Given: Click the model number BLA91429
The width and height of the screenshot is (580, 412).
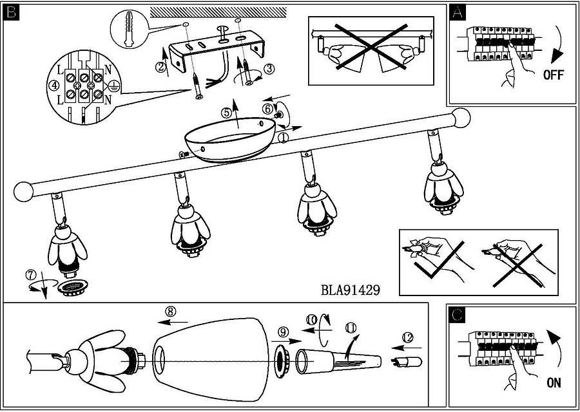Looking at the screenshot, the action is pos(350,290).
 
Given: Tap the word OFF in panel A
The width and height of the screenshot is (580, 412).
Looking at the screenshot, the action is pos(554,75).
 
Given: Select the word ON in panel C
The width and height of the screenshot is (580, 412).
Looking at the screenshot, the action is pos(554,383).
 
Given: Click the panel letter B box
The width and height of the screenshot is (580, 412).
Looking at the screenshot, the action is pos(11,13).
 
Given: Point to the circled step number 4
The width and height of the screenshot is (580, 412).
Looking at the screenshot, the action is pos(54,86).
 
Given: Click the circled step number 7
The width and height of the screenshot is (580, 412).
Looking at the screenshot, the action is pos(31,276).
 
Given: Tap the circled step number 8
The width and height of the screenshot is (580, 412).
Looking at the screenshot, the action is pos(169,312).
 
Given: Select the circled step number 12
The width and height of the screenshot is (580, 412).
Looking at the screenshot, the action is pos(407,337).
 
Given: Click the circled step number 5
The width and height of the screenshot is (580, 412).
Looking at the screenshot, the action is pos(226,112).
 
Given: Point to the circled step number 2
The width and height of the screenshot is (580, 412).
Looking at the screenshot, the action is pos(160,67).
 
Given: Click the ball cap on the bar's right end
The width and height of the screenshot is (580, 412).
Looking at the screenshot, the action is pos(461,118).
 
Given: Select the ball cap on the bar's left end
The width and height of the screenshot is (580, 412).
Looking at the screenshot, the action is pos(23,192).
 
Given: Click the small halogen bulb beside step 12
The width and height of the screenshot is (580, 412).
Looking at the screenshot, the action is pos(406,361).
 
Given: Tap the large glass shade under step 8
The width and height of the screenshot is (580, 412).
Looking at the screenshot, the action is pos(211,359).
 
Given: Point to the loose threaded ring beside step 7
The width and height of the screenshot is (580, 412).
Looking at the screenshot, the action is pos(72,288).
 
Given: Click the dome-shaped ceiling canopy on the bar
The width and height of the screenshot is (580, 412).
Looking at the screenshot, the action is pos(229,139).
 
